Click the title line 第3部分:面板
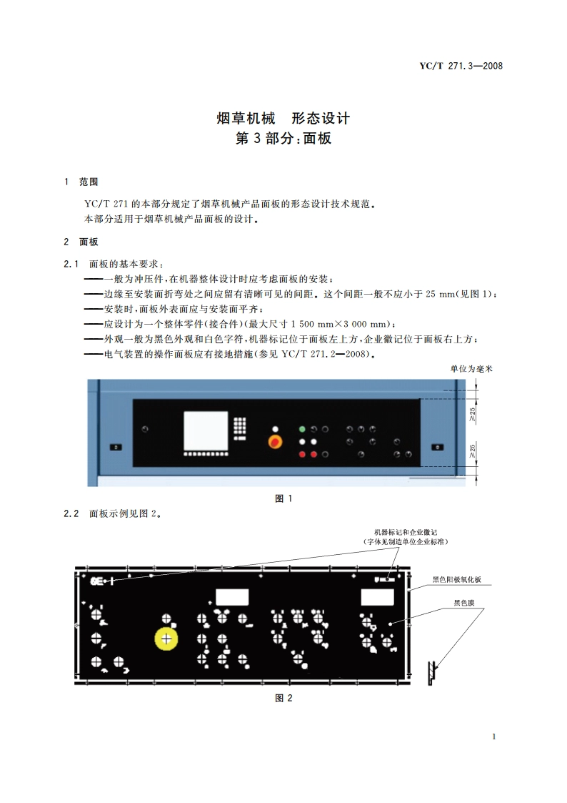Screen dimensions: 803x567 (283, 139)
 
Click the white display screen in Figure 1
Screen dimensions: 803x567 (206, 431)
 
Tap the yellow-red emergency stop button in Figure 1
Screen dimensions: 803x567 (274, 439)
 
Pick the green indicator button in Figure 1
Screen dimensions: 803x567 (302, 430)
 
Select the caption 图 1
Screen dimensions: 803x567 (283, 498)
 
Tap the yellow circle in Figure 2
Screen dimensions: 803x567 (166, 638)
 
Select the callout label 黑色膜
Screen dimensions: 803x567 (464, 603)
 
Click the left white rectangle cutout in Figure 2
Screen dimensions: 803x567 (232, 596)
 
